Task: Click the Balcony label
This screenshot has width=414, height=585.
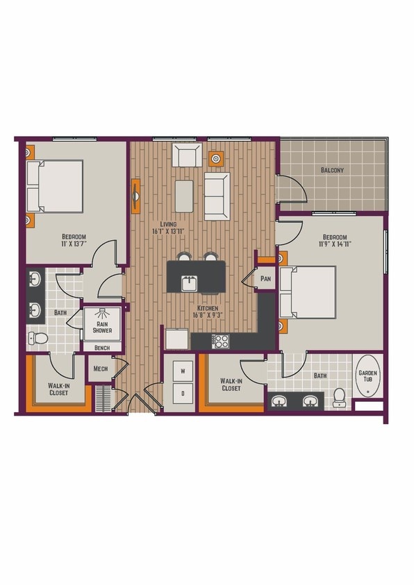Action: point(333,170)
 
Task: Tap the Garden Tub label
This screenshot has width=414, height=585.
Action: point(368,376)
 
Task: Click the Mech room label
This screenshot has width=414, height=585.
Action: point(99,369)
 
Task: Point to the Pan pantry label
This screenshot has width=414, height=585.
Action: point(265,278)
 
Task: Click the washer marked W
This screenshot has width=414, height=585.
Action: point(183,372)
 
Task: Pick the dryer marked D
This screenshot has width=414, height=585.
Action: point(183,394)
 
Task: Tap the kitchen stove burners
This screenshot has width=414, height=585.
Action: point(220,341)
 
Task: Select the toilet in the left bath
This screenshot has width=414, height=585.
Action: point(40,339)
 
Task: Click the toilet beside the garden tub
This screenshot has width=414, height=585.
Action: point(340,396)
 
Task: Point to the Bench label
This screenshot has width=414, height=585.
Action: point(102,348)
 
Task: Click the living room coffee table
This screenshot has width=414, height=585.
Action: point(184,196)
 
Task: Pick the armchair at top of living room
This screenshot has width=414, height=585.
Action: point(187,156)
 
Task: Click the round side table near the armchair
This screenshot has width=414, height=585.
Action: point(217,159)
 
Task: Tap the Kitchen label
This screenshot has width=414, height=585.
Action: point(207,308)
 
